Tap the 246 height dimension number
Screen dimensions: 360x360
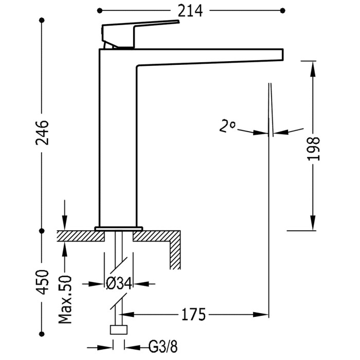click(x=43, y=132)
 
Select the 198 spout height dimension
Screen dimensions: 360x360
click(x=313, y=149)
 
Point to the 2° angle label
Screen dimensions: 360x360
click(x=227, y=125)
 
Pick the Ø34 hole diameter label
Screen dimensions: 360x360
click(x=119, y=283)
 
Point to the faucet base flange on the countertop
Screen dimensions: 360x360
click(x=118, y=228)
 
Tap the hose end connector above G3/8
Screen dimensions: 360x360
click(x=119, y=330)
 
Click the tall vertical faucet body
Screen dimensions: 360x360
click(x=117, y=139)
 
